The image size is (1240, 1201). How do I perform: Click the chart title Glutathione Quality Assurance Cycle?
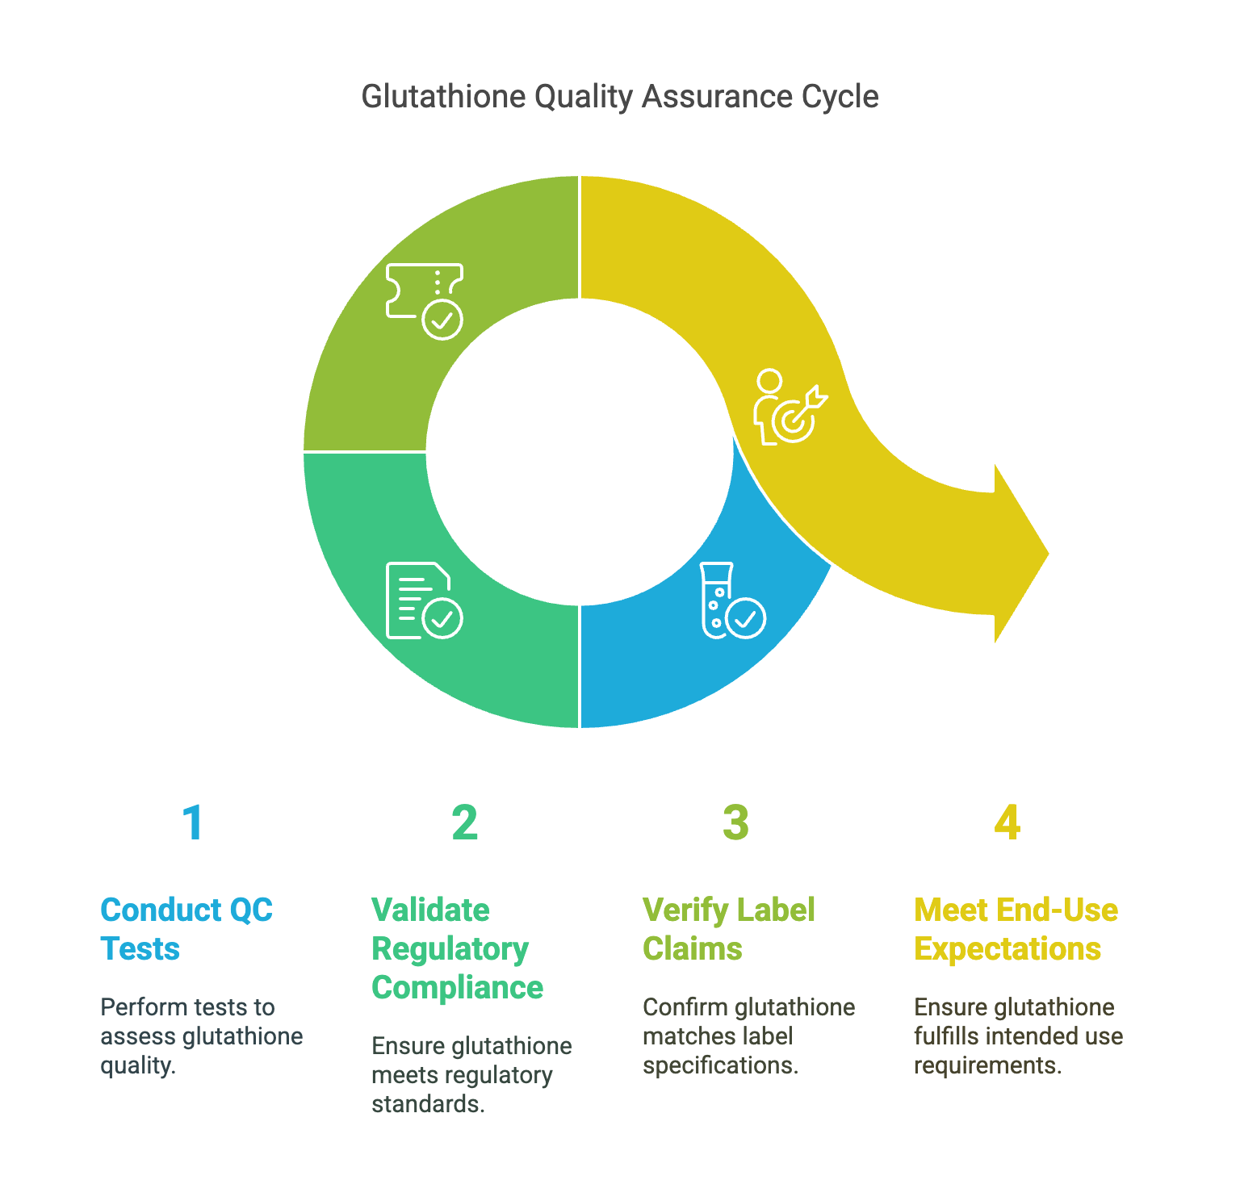tap(620, 97)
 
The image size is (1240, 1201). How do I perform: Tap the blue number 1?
tap(193, 822)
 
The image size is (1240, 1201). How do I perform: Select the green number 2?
tap(464, 822)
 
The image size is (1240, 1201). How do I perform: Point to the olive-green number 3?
tap(735, 822)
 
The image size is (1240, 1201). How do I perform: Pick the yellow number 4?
tap(1007, 822)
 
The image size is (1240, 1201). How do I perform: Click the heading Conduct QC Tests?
tap(186, 929)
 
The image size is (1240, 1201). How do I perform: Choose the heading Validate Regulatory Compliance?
tap(457, 948)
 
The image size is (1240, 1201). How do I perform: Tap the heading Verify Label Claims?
tap(728, 929)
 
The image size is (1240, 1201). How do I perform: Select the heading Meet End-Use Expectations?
tap(1016, 929)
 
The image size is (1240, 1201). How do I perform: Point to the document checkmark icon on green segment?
tap(425, 600)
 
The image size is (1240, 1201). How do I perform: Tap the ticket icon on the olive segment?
tap(425, 301)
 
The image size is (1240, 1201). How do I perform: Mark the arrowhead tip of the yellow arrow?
tap(1049, 554)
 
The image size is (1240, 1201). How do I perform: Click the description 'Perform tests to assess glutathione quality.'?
tap(202, 1036)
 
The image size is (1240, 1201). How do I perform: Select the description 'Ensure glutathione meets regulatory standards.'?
tap(471, 1075)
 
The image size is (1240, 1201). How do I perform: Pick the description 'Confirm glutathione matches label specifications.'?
tap(749, 1036)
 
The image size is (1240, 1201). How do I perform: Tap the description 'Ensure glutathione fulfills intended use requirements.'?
tap(1019, 1036)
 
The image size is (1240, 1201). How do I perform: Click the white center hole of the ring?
tap(580, 452)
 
